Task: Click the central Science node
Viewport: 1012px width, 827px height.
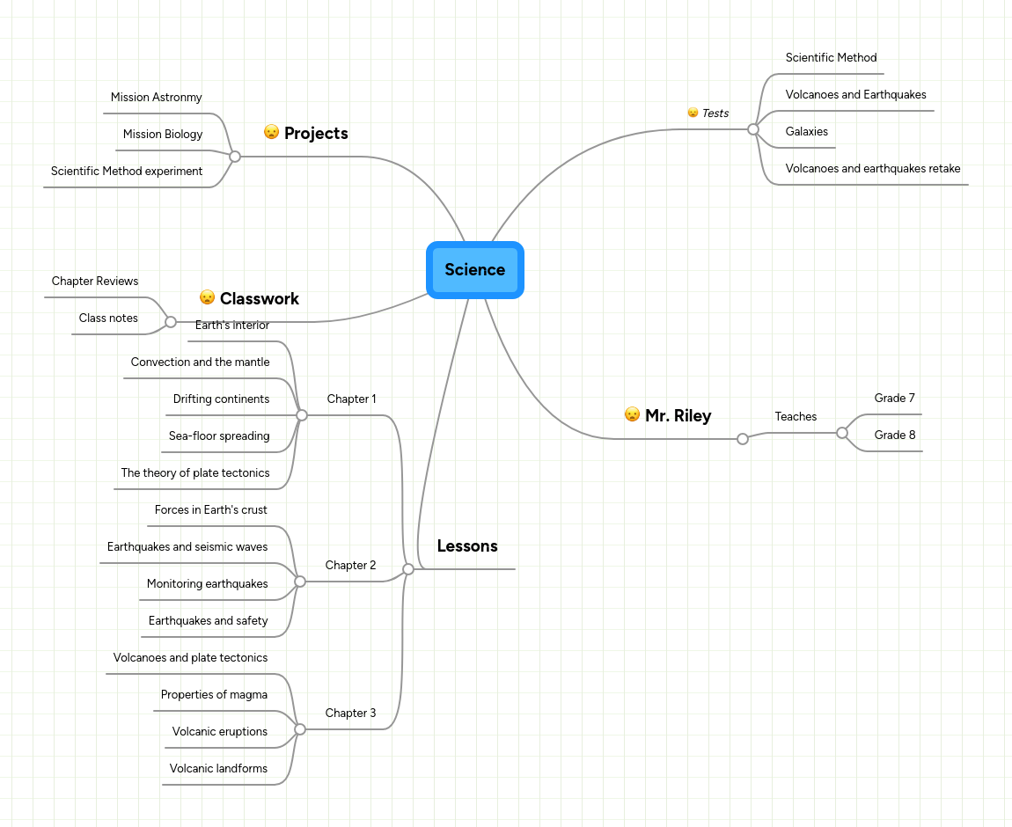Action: (475, 270)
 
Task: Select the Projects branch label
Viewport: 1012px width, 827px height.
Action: (316, 134)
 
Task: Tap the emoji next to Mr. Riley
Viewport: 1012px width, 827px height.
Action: (632, 414)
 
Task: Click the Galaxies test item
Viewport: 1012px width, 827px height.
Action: (806, 132)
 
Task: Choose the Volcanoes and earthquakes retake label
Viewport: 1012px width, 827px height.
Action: (872, 169)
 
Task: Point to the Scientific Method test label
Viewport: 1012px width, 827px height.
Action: (831, 58)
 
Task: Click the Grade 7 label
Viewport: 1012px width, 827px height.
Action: (894, 399)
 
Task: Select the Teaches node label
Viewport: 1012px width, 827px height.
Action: (796, 417)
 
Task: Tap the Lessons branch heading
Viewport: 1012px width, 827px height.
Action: (467, 546)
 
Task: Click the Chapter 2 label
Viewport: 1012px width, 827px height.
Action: (350, 566)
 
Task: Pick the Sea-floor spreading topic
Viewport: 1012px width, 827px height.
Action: (219, 436)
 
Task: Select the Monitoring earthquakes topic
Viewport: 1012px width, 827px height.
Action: (207, 584)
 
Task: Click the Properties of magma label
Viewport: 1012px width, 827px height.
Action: (214, 695)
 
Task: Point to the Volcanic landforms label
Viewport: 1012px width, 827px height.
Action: (218, 769)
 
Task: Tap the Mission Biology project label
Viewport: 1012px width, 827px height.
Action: (163, 135)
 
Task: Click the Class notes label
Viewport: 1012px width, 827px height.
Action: (108, 318)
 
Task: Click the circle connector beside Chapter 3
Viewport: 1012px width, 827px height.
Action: (300, 729)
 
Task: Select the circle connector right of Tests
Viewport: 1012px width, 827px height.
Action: (752, 129)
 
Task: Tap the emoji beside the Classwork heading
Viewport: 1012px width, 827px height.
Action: (208, 297)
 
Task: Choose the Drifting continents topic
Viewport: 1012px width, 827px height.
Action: (221, 399)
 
